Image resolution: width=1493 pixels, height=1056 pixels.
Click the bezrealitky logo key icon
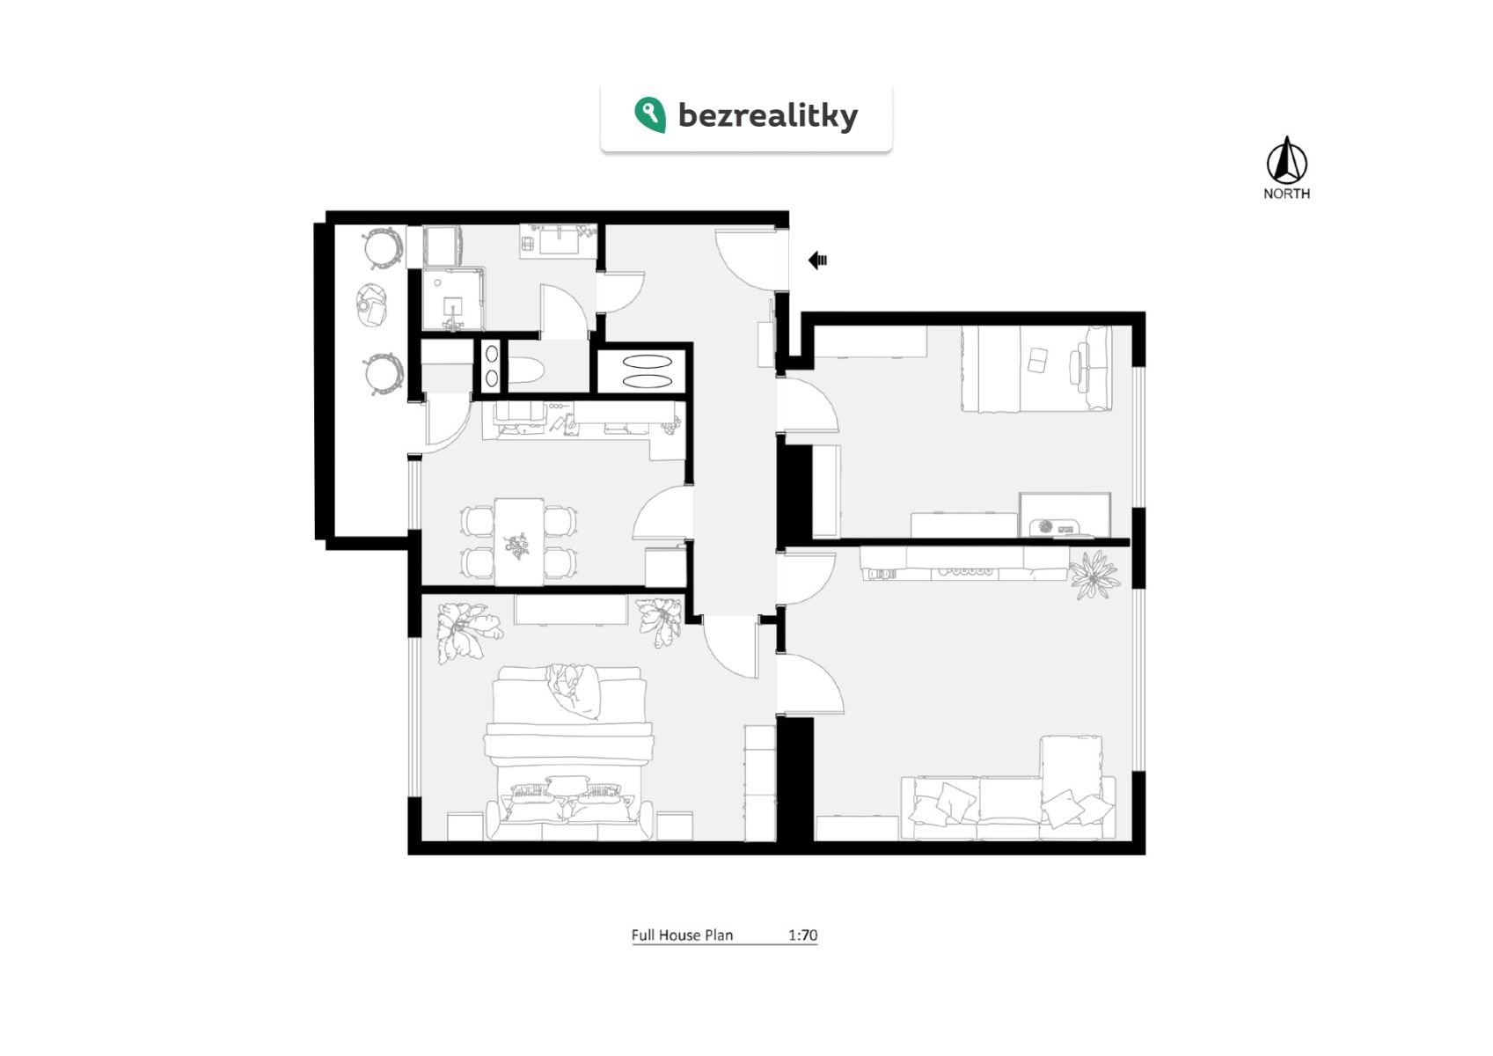649,114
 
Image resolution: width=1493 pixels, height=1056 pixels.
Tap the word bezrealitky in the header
767,115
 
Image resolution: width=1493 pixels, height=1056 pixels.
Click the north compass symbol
1286,161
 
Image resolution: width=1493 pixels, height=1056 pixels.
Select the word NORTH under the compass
1286,194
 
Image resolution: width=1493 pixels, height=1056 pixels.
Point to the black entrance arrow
817,260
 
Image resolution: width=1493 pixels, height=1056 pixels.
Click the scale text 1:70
801,935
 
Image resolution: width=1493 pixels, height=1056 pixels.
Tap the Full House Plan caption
682,935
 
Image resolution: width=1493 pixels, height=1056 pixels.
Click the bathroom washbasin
560,238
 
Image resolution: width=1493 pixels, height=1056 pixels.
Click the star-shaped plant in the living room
1094,575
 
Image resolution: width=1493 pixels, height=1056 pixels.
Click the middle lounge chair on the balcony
373,304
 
